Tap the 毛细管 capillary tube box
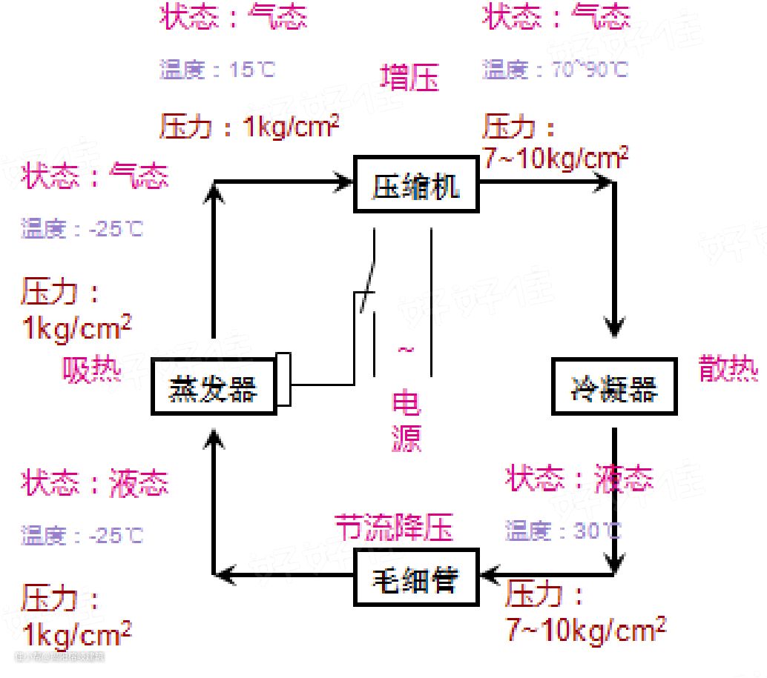415,579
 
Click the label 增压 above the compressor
409,79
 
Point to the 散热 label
728,368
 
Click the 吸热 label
92,370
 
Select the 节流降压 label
393,528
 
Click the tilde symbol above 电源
406,349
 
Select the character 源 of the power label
406,438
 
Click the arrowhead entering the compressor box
343,180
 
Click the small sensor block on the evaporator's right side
283,380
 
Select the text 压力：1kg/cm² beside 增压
249,127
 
